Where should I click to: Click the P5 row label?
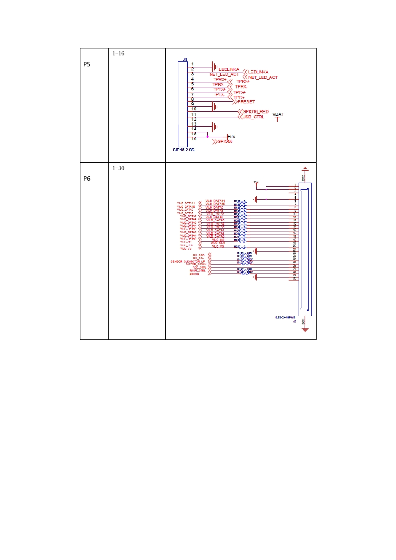click(x=87, y=64)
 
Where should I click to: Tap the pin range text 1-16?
click(x=118, y=53)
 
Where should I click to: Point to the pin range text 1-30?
click(x=118, y=168)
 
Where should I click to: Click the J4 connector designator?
click(x=185, y=59)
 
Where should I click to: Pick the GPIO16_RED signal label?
click(x=255, y=111)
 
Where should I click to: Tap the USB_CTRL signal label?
click(x=253, y=117)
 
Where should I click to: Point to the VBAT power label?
click(x=278, y=114)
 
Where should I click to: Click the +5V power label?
click(x=231, y=136)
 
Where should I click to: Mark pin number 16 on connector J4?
click(x=193, y=139)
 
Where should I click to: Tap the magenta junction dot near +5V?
click(x=207, y=136)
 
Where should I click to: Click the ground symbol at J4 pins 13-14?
click(x=215, y=126)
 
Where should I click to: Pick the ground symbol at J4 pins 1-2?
click(x=215, y=66)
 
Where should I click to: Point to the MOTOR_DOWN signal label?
click(x=196, y=264)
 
